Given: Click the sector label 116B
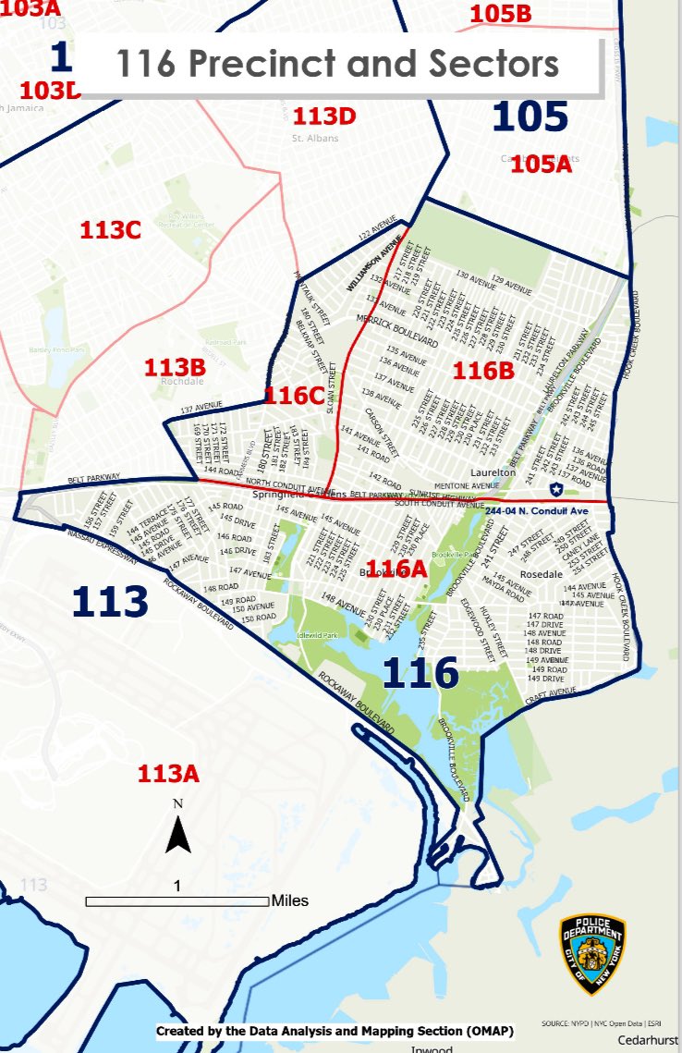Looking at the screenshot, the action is (482, 371).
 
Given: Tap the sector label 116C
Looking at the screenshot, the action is (294, 396).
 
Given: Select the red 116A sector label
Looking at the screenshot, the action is (396, 569).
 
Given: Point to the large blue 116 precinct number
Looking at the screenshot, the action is (420, 672).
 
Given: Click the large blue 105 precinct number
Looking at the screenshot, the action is (530, 116).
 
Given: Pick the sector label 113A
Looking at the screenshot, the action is (168, 774).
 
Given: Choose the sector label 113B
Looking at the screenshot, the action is (174, 367).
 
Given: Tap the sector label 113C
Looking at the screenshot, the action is (110, 230).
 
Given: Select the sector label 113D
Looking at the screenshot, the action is (324, 116).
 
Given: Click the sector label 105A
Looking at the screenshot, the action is (542, 165).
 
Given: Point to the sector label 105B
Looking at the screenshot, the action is (501, 14).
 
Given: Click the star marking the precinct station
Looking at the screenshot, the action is (555, 488).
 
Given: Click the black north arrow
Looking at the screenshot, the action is (177, 837).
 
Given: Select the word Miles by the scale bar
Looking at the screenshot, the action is (290, 900).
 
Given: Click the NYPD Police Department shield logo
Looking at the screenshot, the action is (592, 954).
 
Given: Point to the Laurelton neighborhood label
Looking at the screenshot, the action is (493, 471).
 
